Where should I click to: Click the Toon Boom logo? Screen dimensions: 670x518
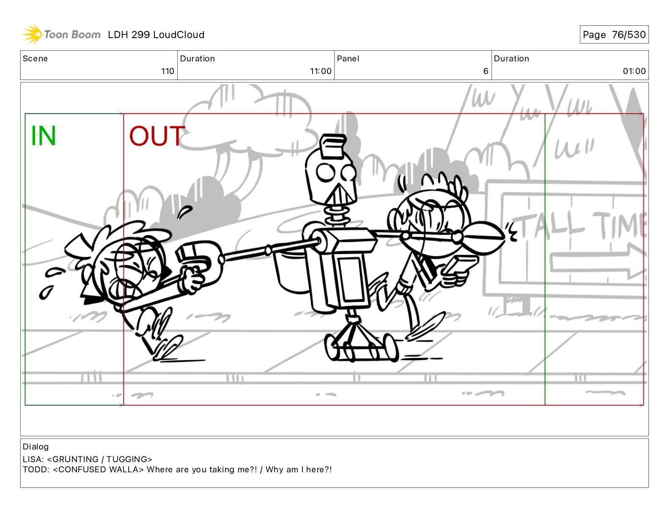tap(61, 34)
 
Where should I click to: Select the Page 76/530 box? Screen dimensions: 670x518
tap(614, 35)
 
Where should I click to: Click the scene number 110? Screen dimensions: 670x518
tap(167, 71)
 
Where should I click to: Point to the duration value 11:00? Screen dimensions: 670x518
tap(321, 71)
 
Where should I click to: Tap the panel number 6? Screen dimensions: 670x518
tap(486, 71)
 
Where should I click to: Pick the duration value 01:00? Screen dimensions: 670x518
tap(634, 71)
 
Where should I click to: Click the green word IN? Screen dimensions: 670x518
tap(43, 135)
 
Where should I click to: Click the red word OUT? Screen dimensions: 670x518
tap(157, 136)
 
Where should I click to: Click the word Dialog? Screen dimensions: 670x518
tap(36, 447)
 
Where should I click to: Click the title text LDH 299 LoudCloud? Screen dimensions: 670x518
tap(156, 35)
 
